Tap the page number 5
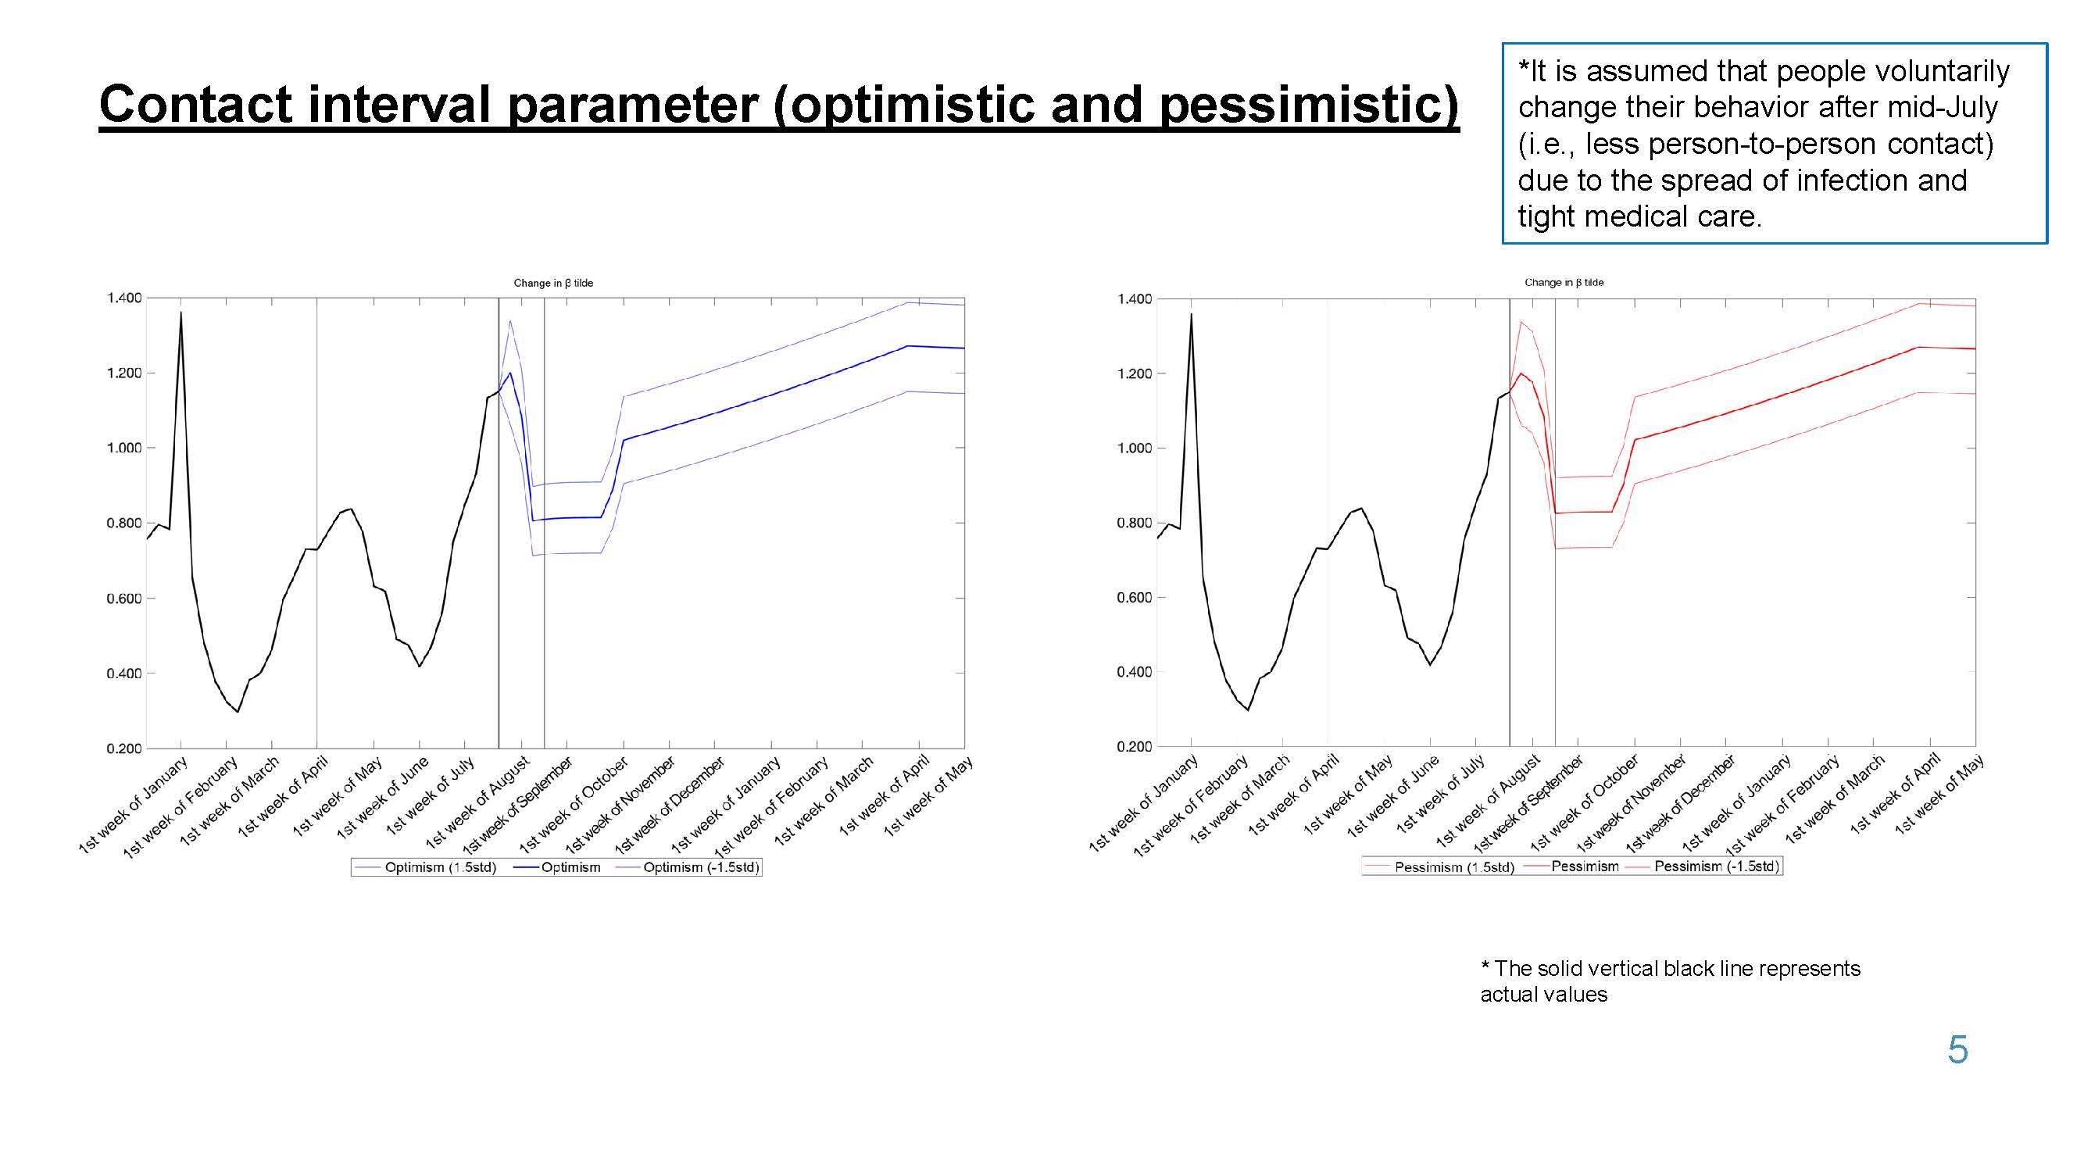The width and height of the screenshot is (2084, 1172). (x=1957, y=1050)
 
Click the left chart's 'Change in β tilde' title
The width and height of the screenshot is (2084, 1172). (x=553, y=283)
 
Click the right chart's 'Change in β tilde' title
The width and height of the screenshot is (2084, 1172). (x=1564, y=282)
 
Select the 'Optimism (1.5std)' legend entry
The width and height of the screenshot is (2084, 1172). (x=427, y=867)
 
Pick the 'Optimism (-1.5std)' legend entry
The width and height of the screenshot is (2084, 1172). (x=688, y=867)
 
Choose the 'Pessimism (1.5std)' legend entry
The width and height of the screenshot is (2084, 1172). (x=1439, y=867)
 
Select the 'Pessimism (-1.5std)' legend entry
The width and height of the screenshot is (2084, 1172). (x=1703, y=866)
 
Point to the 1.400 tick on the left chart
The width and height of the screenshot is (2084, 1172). (x=123, y=298)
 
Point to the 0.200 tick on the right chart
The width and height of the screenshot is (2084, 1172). (x=1135, y=746)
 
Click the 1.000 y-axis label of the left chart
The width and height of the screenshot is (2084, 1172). (x=123, y=447)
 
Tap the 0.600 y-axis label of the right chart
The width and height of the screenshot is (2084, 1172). (x=1135, y=598)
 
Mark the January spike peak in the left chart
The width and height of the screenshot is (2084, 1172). (x=181, y=313)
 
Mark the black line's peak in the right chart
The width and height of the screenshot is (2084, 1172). (x=1191, y=314)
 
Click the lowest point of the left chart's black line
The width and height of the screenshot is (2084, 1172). (x=237, y=712)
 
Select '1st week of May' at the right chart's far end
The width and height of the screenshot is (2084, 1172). (x=1939, y=795)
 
